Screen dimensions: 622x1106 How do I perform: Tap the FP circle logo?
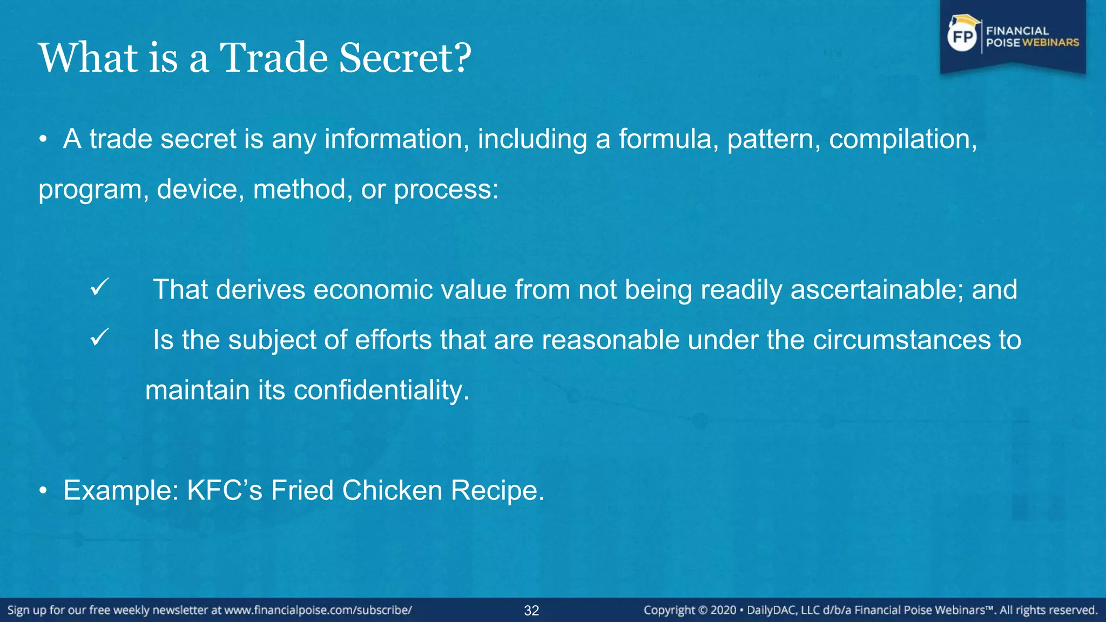tap(962, 36)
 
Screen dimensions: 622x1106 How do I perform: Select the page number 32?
tap(531, 611)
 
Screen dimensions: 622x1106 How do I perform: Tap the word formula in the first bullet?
tap(669, 139)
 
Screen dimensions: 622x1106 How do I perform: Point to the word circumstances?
tap(901, 340)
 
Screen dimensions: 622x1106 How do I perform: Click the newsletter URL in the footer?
tap(318, 611)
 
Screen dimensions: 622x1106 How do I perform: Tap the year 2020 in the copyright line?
tap(723, 611)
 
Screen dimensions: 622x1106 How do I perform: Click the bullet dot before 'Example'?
tap(44, 491)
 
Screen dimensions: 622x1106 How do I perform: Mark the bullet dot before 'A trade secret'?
tap(44, 139)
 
